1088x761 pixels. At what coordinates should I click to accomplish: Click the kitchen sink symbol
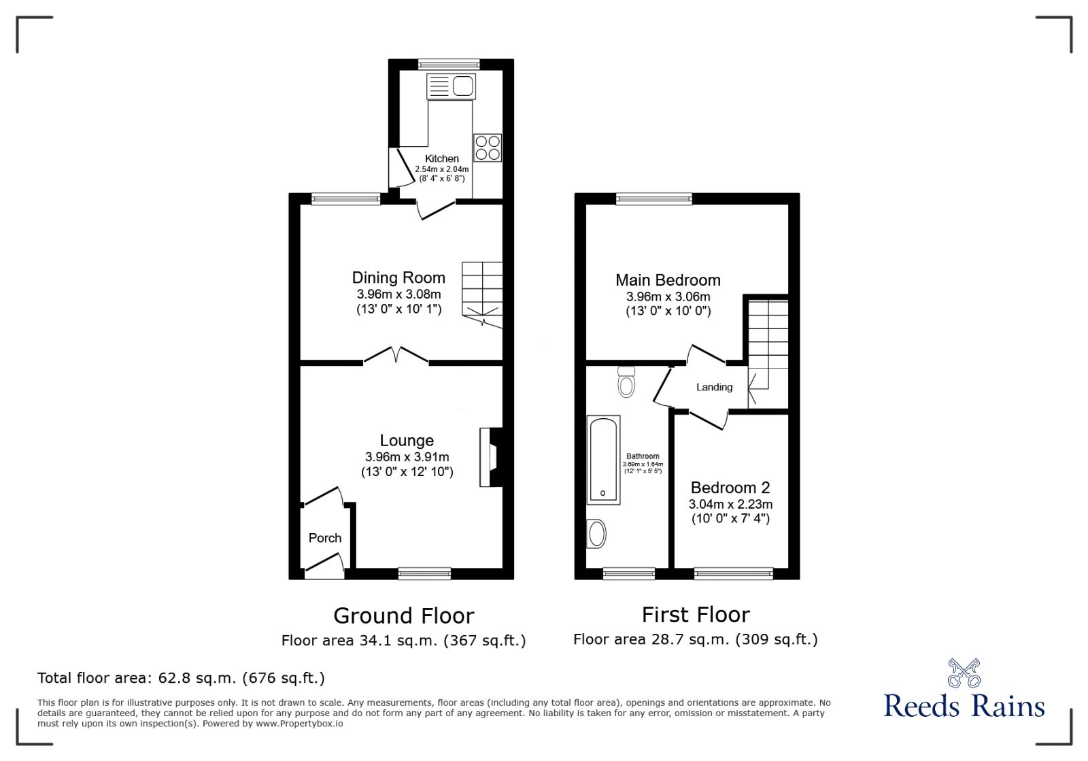pyautogui.click(x=451, y=87)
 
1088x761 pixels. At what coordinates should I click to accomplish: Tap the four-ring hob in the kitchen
pyautogui.click(x=488, y=148)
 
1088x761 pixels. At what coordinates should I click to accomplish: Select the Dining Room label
pyautogui.click(x=398, y=277)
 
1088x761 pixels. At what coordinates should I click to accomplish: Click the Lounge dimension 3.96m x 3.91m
pyautogui.click(x=407, y=457)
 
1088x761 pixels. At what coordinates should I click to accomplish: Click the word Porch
pyautogui.click(x=325, y=538)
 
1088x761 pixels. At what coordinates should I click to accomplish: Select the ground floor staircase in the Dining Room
pyautogui.click(x=482, y=294)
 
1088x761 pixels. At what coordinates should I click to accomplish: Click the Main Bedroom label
pyautogui.click(x=668, y=280)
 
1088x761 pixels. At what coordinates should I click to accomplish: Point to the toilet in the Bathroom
pyautogui.click(x=626, y=382)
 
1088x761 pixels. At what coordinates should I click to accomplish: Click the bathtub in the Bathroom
pyautogui.click(x=603, y=460)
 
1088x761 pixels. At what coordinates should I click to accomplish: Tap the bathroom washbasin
pyautogui.click(x=597, y=533)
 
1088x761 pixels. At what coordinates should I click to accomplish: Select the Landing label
pyautogui.click(x=714, y=387)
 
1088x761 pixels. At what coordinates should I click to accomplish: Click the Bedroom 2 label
pyautogui.click(x=730, y=488)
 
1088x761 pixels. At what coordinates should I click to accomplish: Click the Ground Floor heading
pyautogui.click(x=403, y=615)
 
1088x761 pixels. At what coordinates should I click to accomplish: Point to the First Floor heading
pyautogui.click(x=696, y=615)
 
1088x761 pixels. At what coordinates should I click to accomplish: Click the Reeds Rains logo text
pyautogui.click(x=964, y=706)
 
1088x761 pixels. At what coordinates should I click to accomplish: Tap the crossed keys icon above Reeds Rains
pyautogui.click(x=964, y=673)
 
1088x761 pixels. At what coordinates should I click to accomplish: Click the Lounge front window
pyautogui.click(x=424, y=574)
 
